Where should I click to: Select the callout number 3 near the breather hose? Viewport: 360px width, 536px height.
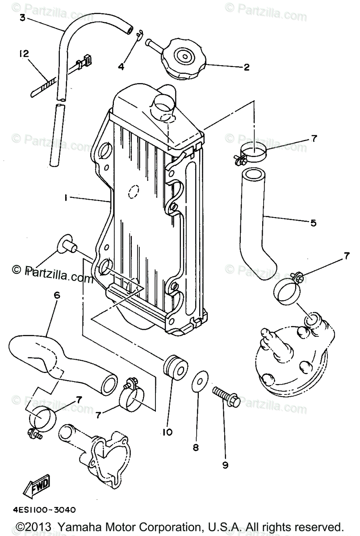[x=22, y=18]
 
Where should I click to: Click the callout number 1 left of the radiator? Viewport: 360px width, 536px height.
[x=66, y=197]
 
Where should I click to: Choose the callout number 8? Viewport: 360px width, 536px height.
[x=196, y=448]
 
